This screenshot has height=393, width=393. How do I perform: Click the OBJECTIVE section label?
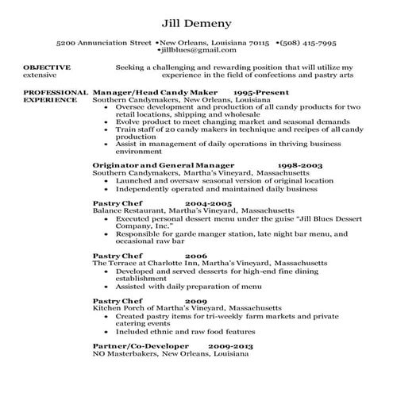pyautogui.click(x=47, y=67)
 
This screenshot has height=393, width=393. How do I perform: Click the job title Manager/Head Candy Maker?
pyautogui.click(x=149, y=93)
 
